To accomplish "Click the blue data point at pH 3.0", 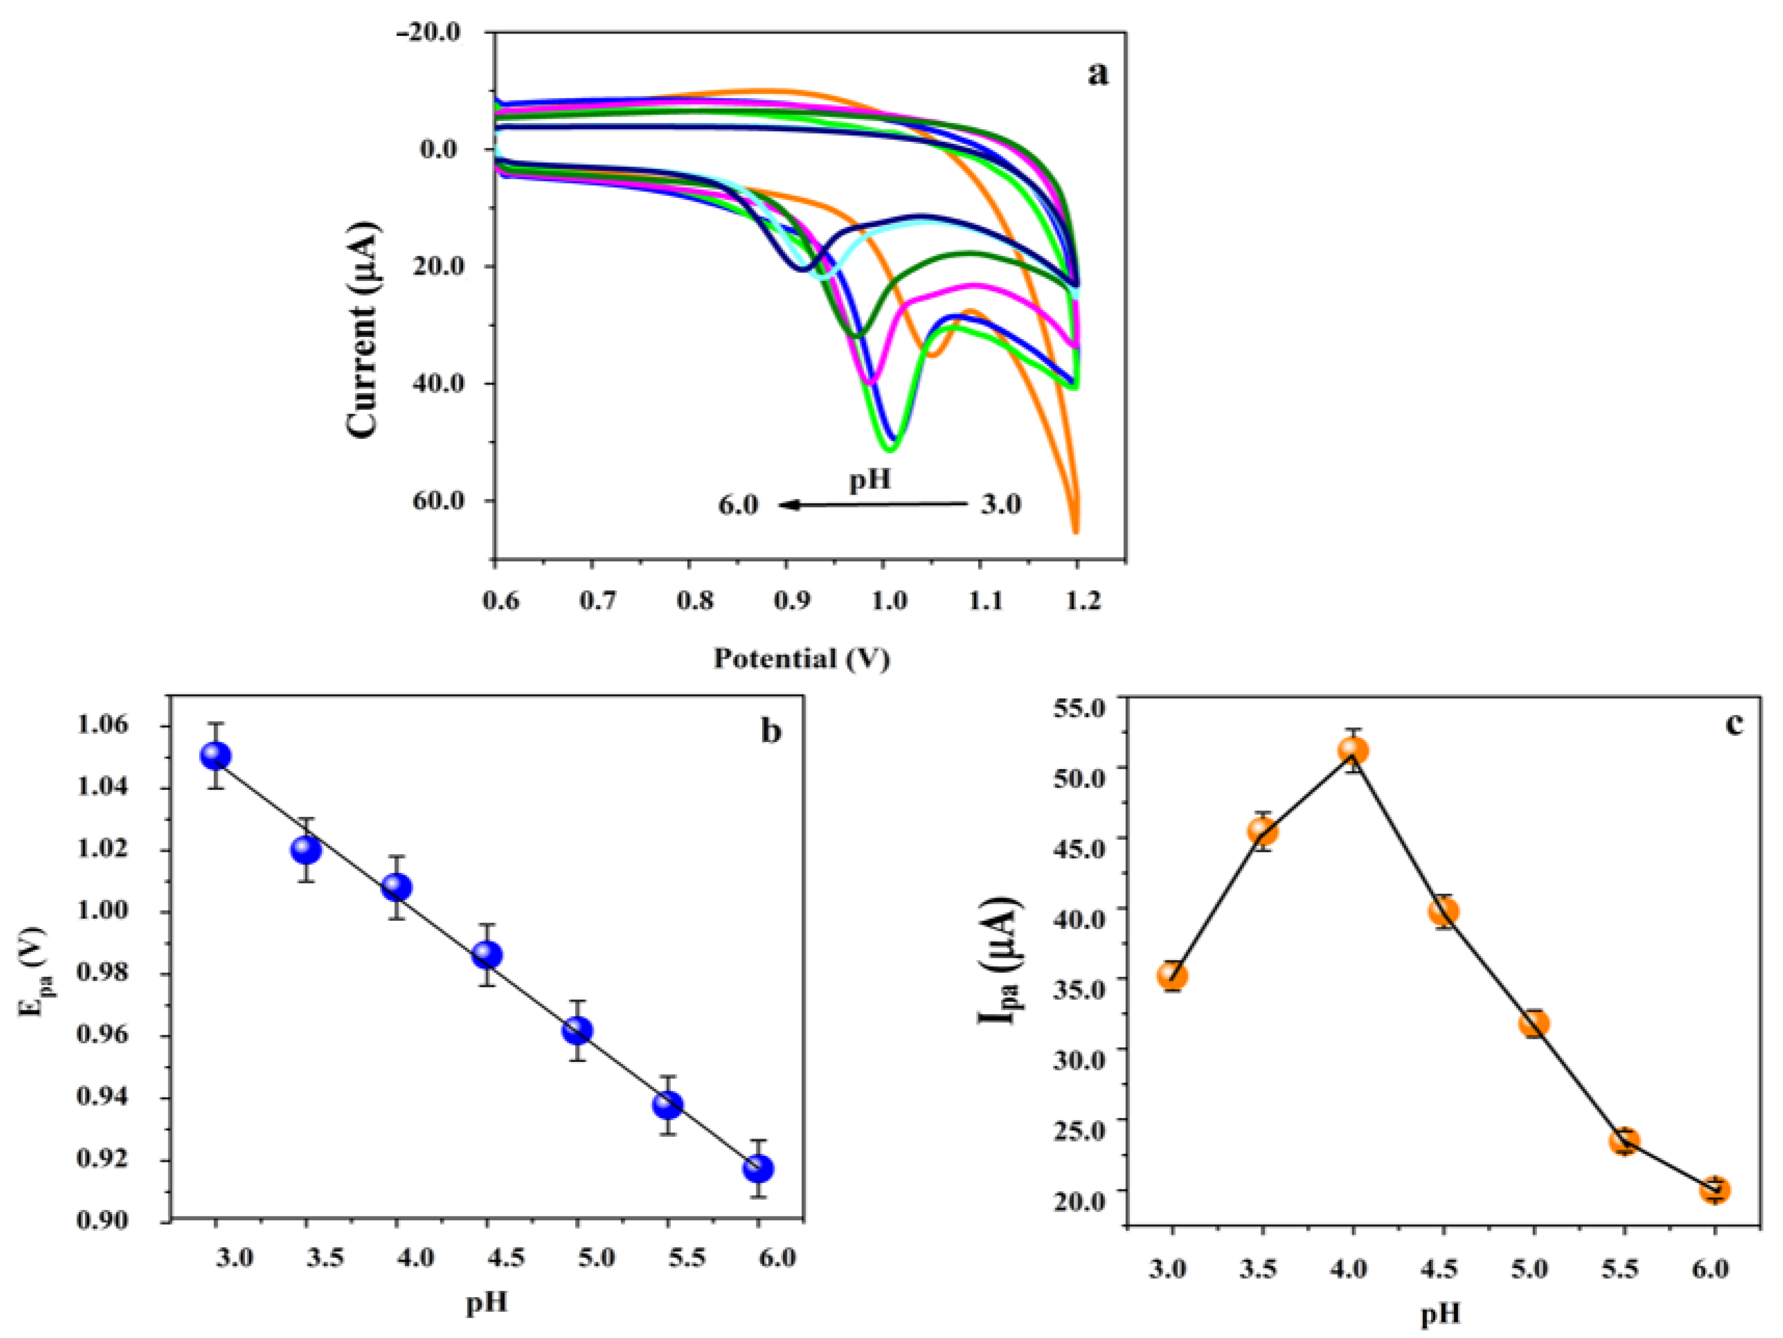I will coord(216,755).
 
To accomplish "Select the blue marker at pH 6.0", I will coord(758,1168).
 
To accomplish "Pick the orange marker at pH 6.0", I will coord(1715,1190).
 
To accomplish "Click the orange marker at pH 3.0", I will coord(1173,976).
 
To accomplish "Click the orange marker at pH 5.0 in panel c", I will coord(1534,1024).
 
